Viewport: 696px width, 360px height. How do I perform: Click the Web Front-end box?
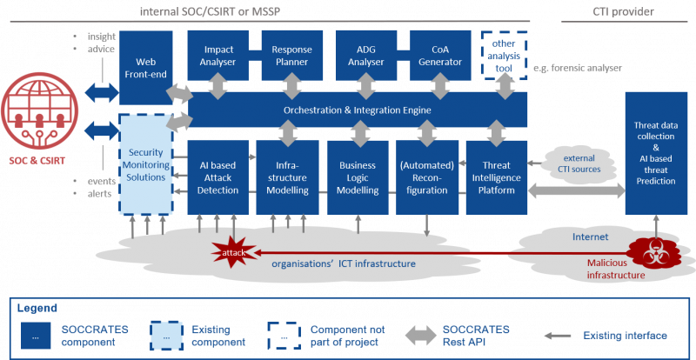coord(146,68)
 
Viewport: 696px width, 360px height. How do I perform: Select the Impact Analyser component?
coord(217,55)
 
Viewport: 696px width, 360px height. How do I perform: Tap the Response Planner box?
coord(291,55)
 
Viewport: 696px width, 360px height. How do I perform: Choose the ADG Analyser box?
coord(366,55)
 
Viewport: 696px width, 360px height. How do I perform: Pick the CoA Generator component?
coord(440,55)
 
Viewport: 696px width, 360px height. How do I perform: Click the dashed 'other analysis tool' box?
coord(505,56)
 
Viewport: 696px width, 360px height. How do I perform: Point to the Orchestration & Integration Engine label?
coord(358,110)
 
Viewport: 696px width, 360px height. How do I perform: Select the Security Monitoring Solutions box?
coord(146,164)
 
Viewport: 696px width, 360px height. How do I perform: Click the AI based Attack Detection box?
coord(217,177)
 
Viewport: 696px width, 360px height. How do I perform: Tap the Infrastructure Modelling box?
coord(288,177)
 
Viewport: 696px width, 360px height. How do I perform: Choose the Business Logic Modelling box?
coord(358,177)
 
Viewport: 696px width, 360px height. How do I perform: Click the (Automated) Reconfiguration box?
coord(427,177)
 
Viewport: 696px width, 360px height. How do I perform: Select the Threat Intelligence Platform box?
coord(496,177)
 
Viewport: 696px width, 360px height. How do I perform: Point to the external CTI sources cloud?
coord(581,163)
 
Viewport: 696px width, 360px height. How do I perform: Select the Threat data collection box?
coord(656,153)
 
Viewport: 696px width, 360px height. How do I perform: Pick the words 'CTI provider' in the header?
coord(623,11)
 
